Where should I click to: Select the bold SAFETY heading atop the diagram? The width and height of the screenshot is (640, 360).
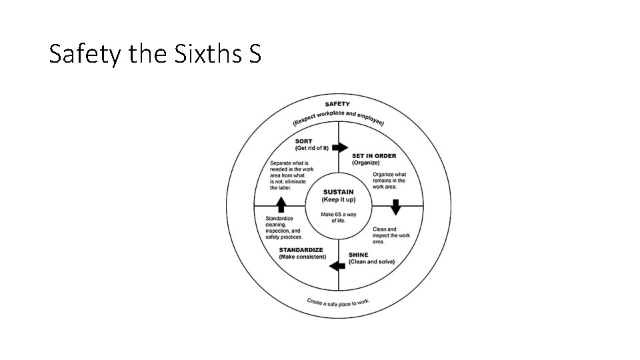coord(337,105)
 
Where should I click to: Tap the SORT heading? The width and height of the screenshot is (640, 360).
coord(304,141)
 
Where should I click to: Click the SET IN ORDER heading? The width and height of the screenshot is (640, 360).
coord(374,156)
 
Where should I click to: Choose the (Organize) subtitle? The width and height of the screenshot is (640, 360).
coord(366,163)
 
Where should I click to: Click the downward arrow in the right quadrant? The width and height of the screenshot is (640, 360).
coord(395,208)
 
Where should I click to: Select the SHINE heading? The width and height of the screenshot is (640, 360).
coord(359,255)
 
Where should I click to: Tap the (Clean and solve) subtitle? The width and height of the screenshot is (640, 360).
coord(372,261)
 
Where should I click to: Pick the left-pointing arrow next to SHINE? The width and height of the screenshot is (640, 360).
coord(337,266)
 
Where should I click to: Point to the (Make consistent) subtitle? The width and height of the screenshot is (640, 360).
coord(303,257)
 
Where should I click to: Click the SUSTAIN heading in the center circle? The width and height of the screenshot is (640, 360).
coord(338,192)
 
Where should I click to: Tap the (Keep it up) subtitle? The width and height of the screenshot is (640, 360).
coord(338,199)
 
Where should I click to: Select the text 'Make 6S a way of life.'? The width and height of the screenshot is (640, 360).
coord(338,217)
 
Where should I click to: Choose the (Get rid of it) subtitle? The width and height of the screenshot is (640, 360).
coord(311,148)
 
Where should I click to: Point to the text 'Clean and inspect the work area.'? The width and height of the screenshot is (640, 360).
coord(391,235)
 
